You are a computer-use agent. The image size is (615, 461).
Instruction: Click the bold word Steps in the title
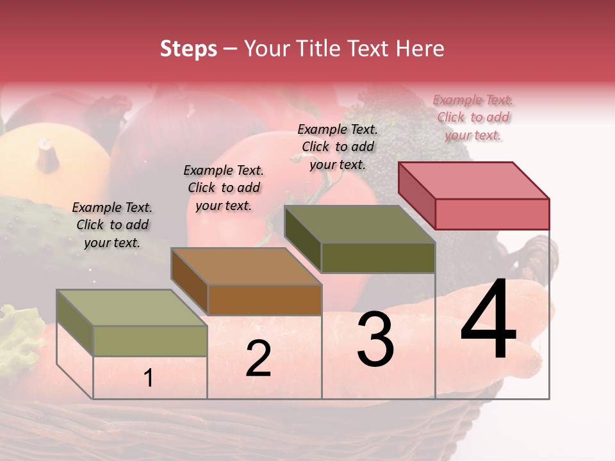(188, 49)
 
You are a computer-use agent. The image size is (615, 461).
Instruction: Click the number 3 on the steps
(375, 340)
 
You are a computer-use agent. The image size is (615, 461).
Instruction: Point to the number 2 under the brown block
(258, 359)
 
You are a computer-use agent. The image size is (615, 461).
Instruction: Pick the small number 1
(148, 378)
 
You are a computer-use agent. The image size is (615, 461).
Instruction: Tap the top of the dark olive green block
(360, 224)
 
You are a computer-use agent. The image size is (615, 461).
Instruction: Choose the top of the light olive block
(132, 308)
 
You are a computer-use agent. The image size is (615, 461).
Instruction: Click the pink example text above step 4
(473, 117)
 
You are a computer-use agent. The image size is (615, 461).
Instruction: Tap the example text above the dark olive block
(338, 147)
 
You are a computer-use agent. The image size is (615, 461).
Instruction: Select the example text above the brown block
(224, 188)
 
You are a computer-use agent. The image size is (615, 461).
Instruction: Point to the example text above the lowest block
(112, 225)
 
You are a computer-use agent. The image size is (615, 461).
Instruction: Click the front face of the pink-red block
(492, 214)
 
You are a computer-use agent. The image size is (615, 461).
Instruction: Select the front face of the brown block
(265, 300)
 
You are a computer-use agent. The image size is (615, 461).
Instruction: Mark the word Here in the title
(420, 49)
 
